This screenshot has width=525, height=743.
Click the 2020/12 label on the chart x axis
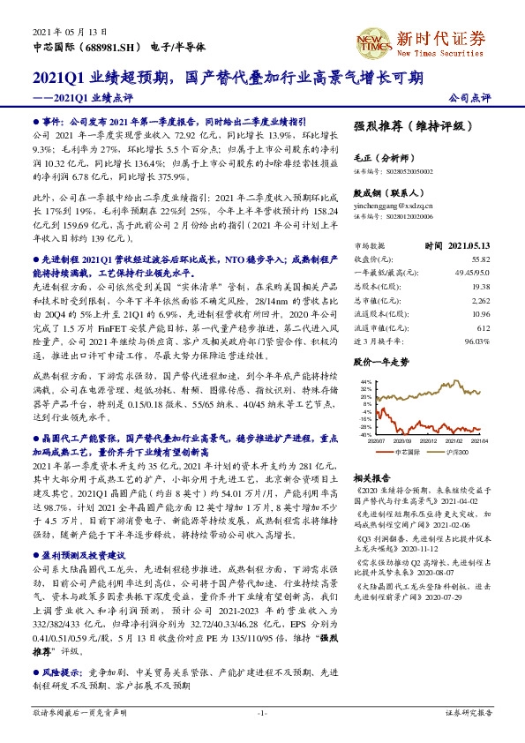pos(431,440)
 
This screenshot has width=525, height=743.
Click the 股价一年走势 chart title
pos(381,363)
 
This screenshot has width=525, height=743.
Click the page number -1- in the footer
pos(262,712)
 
